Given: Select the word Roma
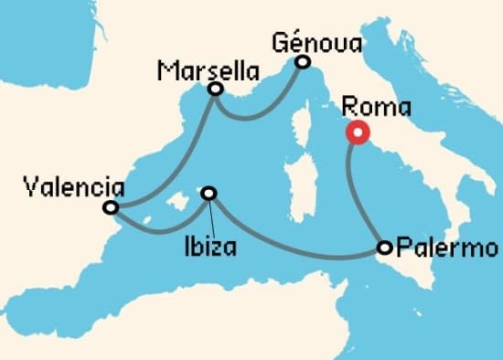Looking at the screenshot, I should tap(376, 107).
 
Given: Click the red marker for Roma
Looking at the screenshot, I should tap(356, 132).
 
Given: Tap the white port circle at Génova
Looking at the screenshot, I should tap(302, 62).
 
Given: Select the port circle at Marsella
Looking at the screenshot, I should tap(216, 90).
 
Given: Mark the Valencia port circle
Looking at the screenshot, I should tap(111, 208).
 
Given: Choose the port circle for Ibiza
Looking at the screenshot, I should tap(209, 193).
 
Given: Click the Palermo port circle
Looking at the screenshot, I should tap(385, 247).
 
